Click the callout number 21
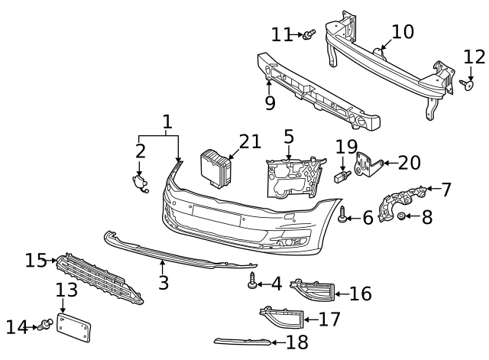[250, 142]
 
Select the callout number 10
[402, 32]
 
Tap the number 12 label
[474, 57]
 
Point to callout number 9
[270, 103]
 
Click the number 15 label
[36, 261]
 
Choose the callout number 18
[297, 342]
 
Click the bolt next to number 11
[309, 34]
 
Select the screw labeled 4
[251, 284]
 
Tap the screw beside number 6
[343, 216]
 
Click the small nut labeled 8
[402, 218]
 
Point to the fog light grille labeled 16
[312, 291]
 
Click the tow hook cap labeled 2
[139, 183]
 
